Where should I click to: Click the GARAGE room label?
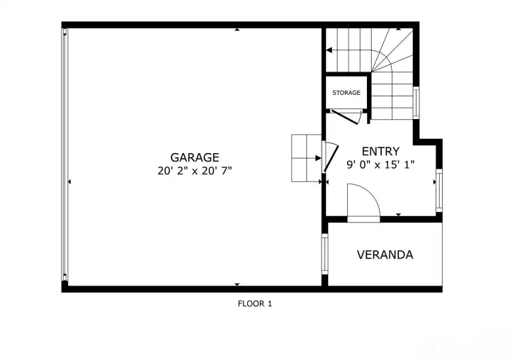(x=195, y=157)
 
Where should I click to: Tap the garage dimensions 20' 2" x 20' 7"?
(x=195, y=171)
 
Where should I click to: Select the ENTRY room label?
(x=380, y=152)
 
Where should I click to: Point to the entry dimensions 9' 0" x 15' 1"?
(x=380, y=164)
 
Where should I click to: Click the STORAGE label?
(x=346, y=93)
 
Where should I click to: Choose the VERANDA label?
(x=385, y=254)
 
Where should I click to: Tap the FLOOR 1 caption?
(x=255, y=304)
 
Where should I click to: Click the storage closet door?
(x=346, y=117)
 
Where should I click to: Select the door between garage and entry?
(x=330, y=157)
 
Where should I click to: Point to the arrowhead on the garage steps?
(x=318, y=158)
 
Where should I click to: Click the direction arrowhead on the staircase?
(x=329, y=50)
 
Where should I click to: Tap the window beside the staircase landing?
(x=416, y=103)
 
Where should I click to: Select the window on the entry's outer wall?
(x=439, y=191)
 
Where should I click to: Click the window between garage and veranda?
(x=324, y=254)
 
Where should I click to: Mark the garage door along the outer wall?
(x=65, y=154)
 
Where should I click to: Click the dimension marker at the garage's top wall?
(x=237, y=30)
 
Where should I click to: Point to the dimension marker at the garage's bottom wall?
(x=237, y=284)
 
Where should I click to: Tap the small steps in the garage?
(x=307, y=158)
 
